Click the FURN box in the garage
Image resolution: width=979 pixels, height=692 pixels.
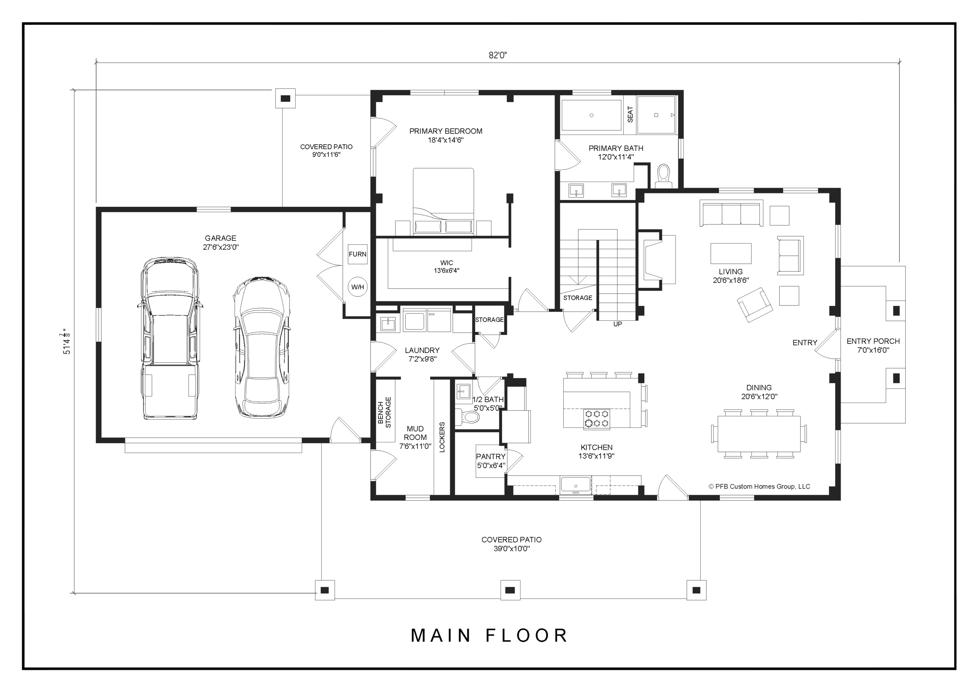[x=357, y=254]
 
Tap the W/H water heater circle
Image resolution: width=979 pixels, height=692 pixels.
[x=357, y=287]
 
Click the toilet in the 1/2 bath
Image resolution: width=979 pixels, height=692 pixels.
[x=468, y=417]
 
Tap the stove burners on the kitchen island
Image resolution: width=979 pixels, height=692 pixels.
[x=597, y=418]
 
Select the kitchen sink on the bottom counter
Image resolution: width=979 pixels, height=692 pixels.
[x=576, y=485]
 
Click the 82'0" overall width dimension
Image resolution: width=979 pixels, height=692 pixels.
[x=498, y=55]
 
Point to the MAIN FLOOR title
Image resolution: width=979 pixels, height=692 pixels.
[x=489, y=635]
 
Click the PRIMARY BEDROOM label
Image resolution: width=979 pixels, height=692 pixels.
[x=446, y=131]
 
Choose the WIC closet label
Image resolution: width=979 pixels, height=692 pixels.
[x=446, y=263]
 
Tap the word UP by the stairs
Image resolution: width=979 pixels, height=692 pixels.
[x=617, y=324]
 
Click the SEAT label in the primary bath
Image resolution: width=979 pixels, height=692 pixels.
[x=630, y=114]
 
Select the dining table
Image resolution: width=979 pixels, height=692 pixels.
[x=759, y=434]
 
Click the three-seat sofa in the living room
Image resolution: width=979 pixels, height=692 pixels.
[x=731, y=213]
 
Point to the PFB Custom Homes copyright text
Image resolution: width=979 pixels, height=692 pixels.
[x=759, y=486]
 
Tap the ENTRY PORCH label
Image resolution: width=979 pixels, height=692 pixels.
[x=873, y=341]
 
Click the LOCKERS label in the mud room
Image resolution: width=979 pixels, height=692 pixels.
[x=442, y=437]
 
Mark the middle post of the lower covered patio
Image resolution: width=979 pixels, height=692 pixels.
[x=510, y=590]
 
